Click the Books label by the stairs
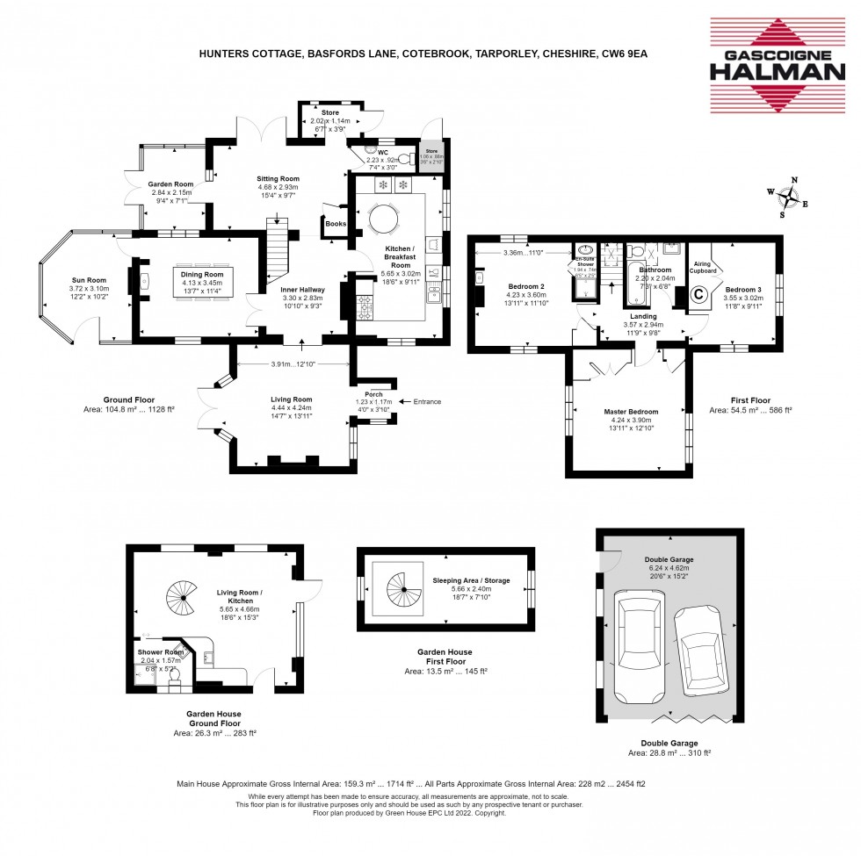(336, 224)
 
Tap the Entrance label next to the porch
(424, 401)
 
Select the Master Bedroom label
(631, 411)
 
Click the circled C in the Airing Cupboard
(699, 295)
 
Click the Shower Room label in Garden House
(160, 652)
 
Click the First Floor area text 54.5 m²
(750, 410)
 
